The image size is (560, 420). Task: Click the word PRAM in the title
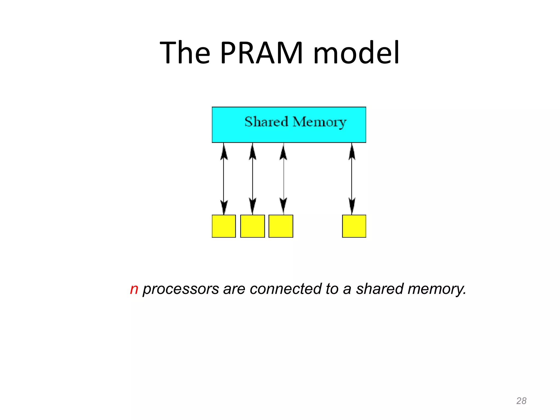pyautogui.click(x=261, y=52)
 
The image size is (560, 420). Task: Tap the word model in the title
pyautogui.click(x=356, y=52)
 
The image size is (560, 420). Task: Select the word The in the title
pyautogui.click(x=185, y=52)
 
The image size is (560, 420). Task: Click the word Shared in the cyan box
pyautogui.click(x=266, y=122)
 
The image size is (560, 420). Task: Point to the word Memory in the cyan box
pyautogui.click(x=319, y=122)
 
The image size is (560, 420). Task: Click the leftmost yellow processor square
pyautogui.click(x=224, y=226)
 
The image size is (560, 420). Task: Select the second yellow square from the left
pyautogui.click(x=252, y=226)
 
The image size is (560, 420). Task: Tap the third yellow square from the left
pyautogui.click(x=281, y=226)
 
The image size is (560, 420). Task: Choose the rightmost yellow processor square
pyautogui.click(x=354, y=226)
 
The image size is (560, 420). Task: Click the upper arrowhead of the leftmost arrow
pyautogui.click(x=224, y=152)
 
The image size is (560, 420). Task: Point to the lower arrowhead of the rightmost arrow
pyautogui.click(x=352, y=206)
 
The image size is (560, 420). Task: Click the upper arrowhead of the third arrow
pyautogui.click(x=283, y=152)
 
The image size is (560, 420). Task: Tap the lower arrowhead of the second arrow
pyautogui.click(x=253, y=206)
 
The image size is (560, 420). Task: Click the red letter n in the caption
pyautogui.click(x=134, y=289)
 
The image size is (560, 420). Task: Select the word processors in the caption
pyautogui.click(x=181, y=289)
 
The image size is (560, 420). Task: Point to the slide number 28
pyautogui.click(x=521, y=401)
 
